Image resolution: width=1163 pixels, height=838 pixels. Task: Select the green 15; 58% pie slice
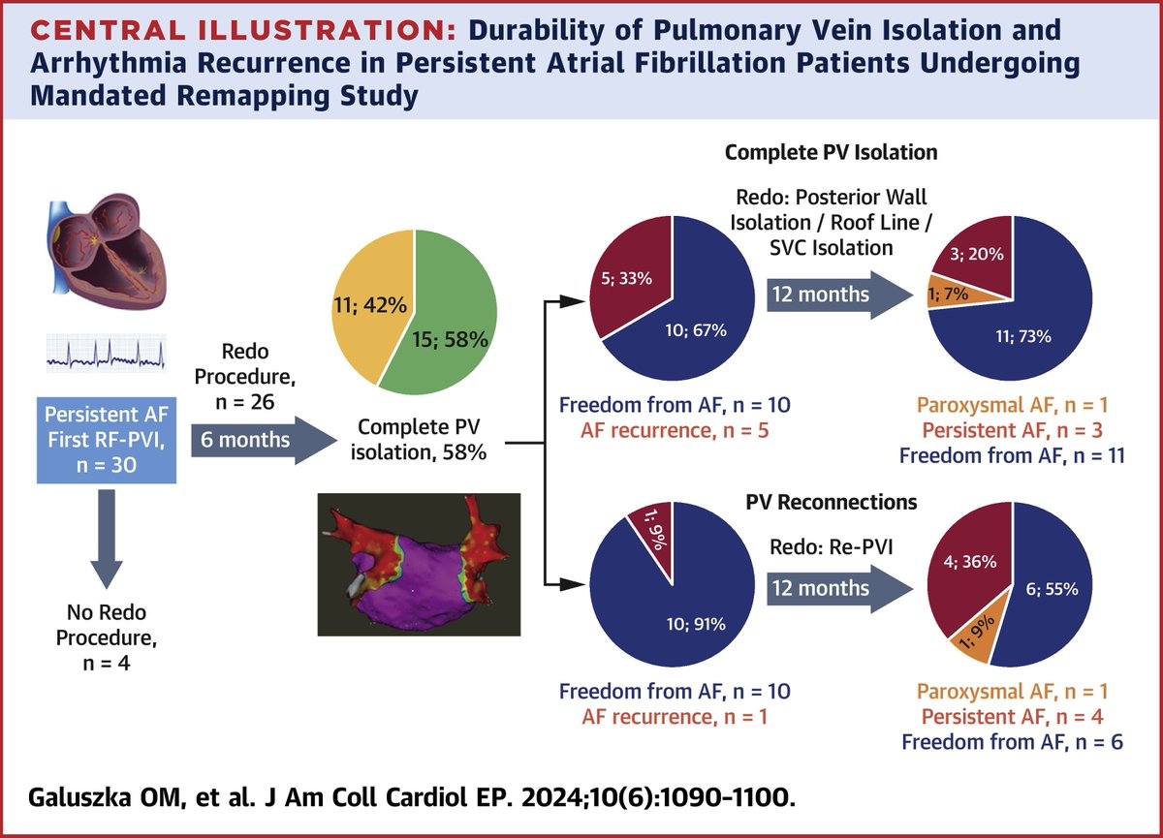pos(456,320)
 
